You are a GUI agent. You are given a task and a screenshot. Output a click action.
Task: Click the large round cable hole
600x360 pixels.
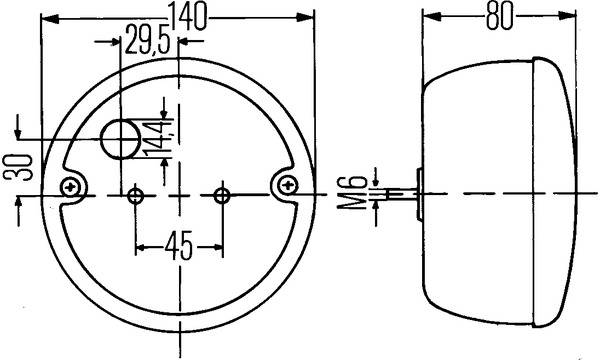pos(121,140)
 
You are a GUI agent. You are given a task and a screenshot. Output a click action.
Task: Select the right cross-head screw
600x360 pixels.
pos(289,184)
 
